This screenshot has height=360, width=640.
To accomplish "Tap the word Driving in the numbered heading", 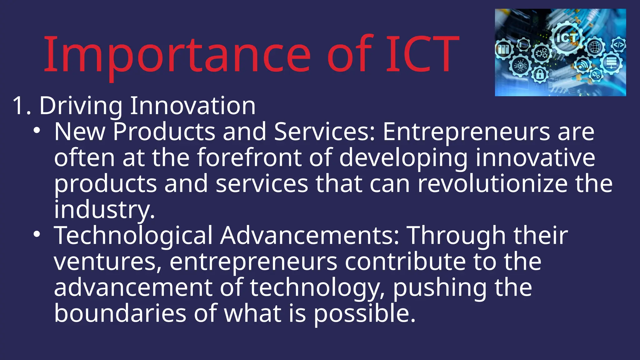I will pyautogui.click(x=81, y=106).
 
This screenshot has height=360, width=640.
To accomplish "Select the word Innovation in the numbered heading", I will pyautogui.click(x=192, y=106).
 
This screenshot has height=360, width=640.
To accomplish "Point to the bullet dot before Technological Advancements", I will pyautogui.click(x=37, y=234).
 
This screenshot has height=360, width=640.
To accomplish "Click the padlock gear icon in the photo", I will pyautogui.click(x=540, y=74).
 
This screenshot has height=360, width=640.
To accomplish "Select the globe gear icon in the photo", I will pyautogui.click(x=595, y=47).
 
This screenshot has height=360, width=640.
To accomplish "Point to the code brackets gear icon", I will pyautogui.click(x=618, y=45).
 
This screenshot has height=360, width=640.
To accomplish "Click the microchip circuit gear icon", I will pyautogui.click(x=520, y=66).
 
